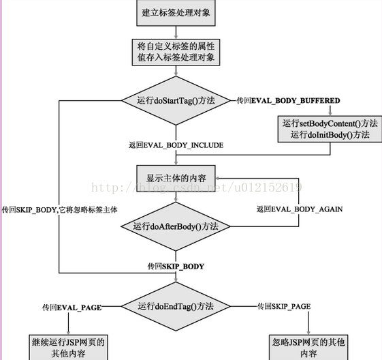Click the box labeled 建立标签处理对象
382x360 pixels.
(x=176, y=13)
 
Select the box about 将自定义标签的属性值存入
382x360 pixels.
(x=176, y=52)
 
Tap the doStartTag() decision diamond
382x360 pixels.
(x=176, y=100)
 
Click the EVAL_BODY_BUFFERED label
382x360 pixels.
(x=289, y=100)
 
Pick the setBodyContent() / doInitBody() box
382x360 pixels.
(x=330, y=129)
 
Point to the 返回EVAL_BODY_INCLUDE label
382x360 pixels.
(x=176, y=145)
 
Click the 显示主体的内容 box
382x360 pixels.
(x=176, y=178)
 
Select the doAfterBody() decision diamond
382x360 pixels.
(x=176, y=226)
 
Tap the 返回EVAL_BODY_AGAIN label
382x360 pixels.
(x=300, y=209)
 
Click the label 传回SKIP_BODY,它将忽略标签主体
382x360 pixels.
(x=60, y=209)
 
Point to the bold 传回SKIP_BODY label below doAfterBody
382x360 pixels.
(x=176, y=266)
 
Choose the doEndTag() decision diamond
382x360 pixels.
(x=176, y=306)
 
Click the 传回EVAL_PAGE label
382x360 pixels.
(x=72, y=307)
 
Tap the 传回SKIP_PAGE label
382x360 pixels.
(x=284, y=306)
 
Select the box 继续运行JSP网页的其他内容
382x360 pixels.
(x=69, y=348)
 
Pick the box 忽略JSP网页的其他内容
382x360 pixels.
(x=308, y=348)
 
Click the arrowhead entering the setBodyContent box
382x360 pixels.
(x=330, y=113)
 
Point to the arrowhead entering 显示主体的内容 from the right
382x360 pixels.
(x=218, y=178)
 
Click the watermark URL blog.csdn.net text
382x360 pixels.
(x=197, y=187)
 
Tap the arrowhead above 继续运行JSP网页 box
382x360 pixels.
(x=69, y=333)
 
